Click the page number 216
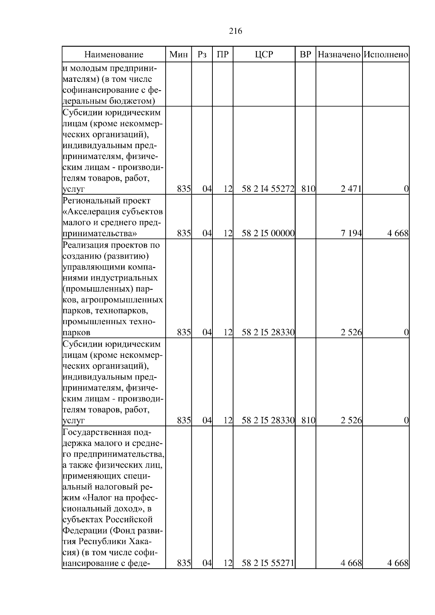236,31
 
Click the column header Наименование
114,55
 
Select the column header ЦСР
264,55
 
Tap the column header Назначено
339,55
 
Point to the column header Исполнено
386,55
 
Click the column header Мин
179,55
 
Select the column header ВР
305,55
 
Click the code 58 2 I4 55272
268,189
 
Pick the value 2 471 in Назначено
351,189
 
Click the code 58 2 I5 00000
268,234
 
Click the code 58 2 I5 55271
268,573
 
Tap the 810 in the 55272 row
308,189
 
